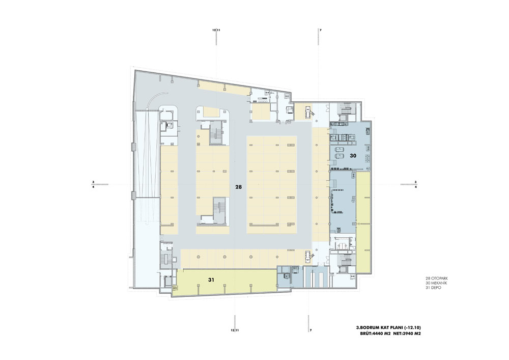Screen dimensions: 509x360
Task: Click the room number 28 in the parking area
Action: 239,187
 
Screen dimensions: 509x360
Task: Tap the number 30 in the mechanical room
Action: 353,156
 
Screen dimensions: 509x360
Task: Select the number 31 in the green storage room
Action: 211,279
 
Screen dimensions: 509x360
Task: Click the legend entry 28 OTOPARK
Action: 437,279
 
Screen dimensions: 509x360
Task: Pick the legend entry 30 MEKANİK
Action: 437,283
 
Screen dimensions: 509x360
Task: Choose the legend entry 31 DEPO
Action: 433,288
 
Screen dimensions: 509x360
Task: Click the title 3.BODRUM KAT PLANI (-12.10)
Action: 389,327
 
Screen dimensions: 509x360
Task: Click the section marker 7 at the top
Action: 320,30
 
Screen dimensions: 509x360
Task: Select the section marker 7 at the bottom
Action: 310,330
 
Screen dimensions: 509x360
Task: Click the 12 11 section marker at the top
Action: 216,30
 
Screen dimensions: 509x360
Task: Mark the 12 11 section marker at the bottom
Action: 235,330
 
